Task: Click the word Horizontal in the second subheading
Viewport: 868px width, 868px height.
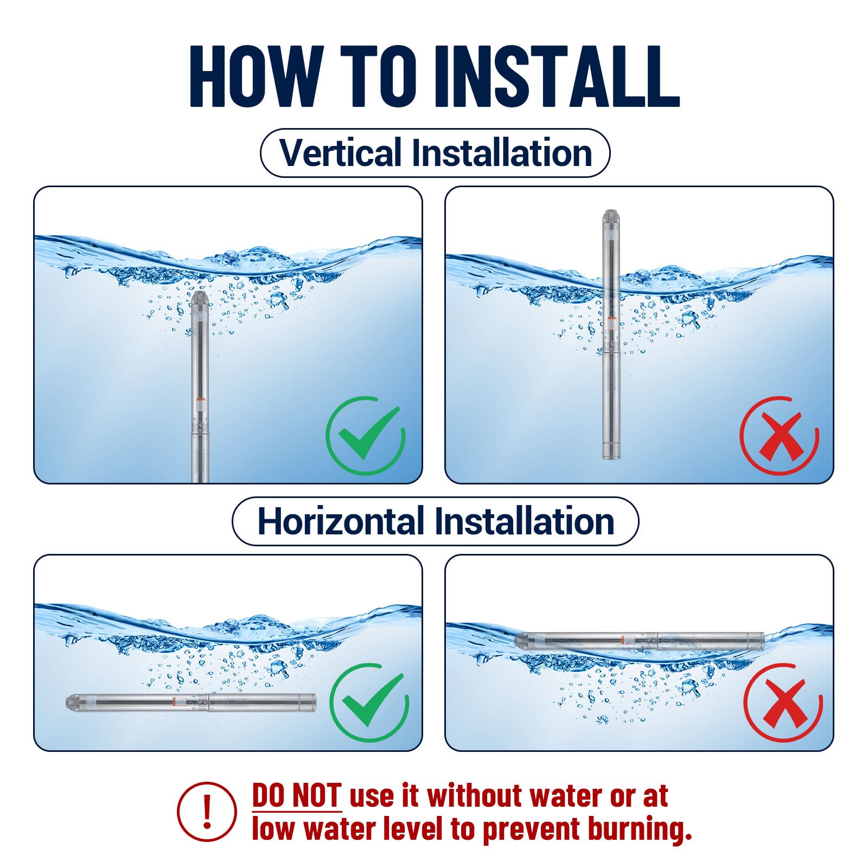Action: (340, 521)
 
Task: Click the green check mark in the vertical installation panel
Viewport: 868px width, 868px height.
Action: (366, 435)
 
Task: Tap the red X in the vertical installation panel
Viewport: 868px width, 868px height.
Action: (780, 436)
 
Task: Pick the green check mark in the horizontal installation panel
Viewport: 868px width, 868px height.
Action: (369, 703)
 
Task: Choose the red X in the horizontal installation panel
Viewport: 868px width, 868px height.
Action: (783, 703)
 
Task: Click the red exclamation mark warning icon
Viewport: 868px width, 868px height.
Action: (207, 812)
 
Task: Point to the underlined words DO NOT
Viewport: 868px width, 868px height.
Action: (297, 796)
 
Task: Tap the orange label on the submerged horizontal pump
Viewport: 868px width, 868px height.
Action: (175, 701)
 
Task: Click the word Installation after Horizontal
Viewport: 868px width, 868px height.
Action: (525, 521)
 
